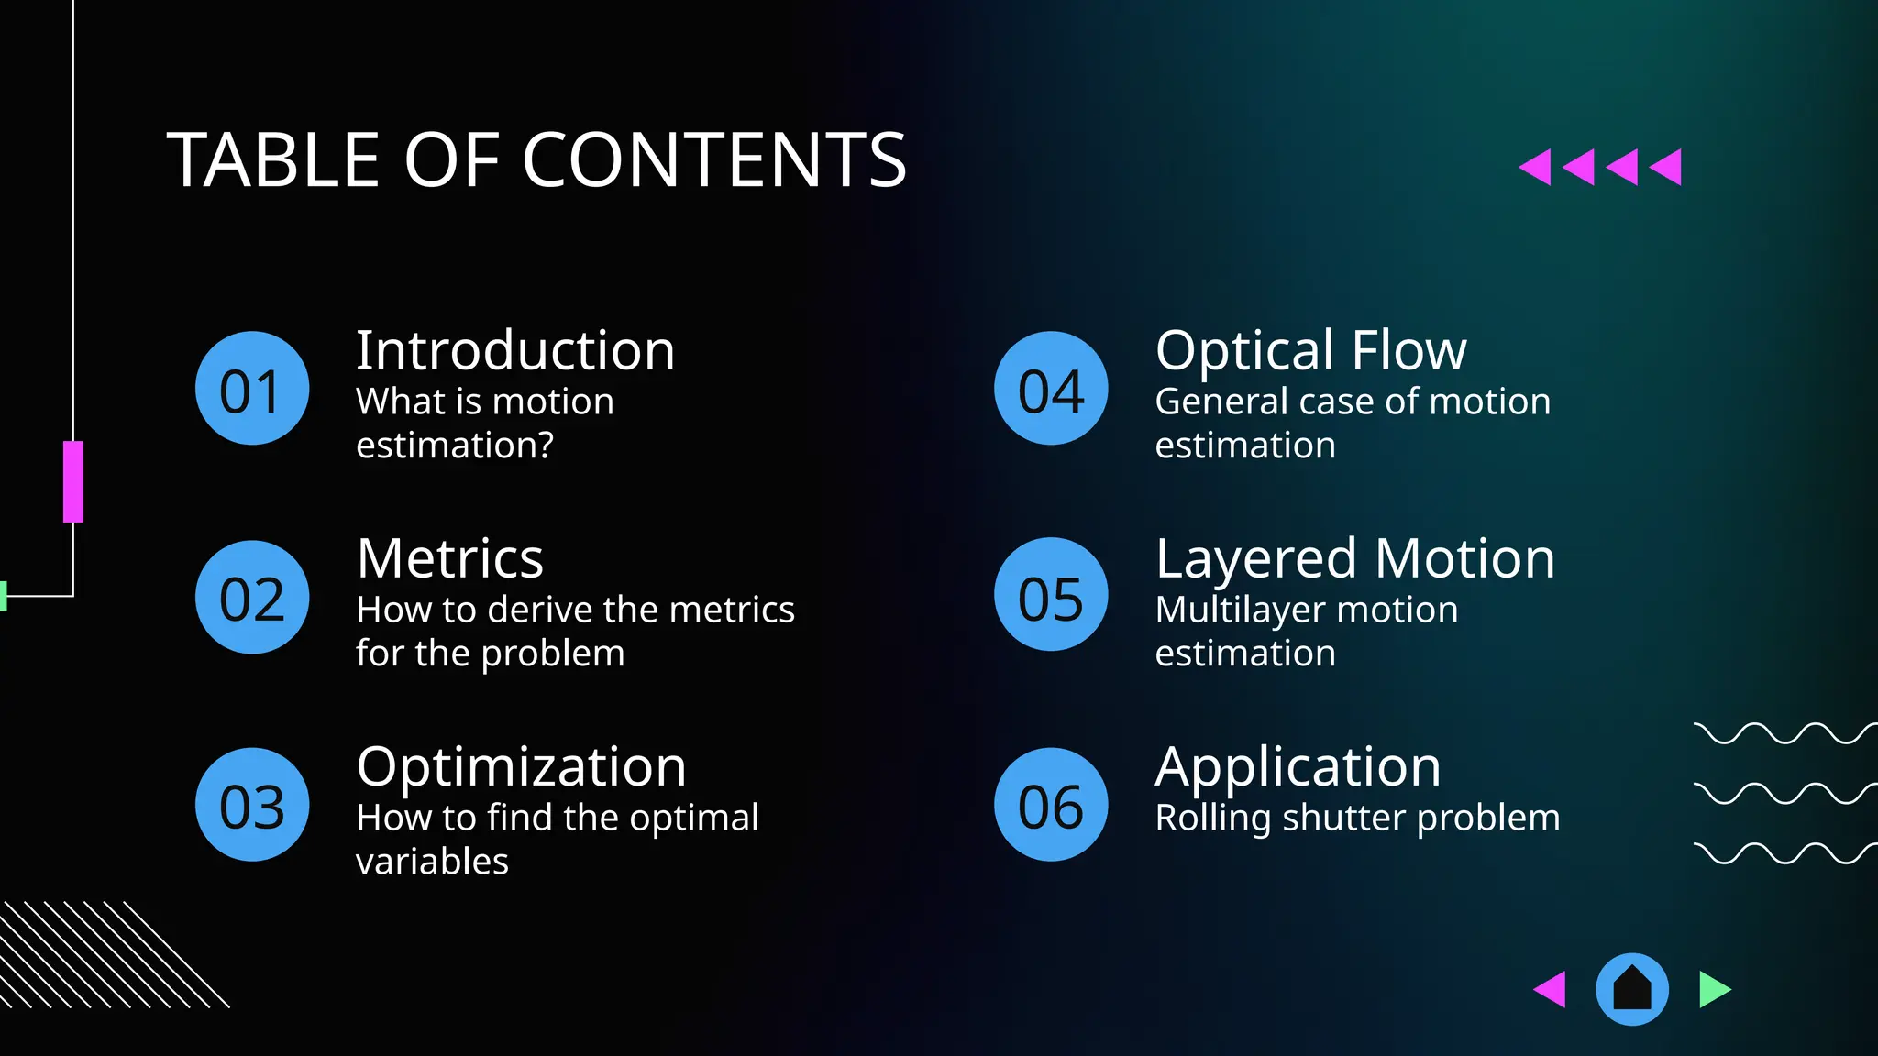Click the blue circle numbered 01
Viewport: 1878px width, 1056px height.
pos(252,389)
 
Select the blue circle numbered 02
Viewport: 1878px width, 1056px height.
pos(252,597)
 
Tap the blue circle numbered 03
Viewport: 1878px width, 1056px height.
pos(252,805)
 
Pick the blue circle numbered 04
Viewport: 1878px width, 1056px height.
pos(1051,389)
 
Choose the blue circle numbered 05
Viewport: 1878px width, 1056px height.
pos(1051,594)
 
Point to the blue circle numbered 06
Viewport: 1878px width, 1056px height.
pos(1051,805)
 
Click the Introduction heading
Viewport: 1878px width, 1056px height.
pos(515,350)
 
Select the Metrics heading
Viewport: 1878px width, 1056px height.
pos(450,558)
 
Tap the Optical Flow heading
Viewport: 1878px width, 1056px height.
pos(1310,350)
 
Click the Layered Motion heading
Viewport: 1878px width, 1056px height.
pos(1354,558)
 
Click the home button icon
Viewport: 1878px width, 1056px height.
pos(1632,989)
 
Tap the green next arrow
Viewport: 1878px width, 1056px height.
pos(1713,989)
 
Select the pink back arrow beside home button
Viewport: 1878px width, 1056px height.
pos(1552,989)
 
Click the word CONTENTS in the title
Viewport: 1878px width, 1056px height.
pos(714,159)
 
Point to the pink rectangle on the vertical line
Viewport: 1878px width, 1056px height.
pos(73,481)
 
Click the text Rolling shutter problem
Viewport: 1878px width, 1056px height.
pos(1357,818)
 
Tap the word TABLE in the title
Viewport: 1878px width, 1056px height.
pos(272,159)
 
